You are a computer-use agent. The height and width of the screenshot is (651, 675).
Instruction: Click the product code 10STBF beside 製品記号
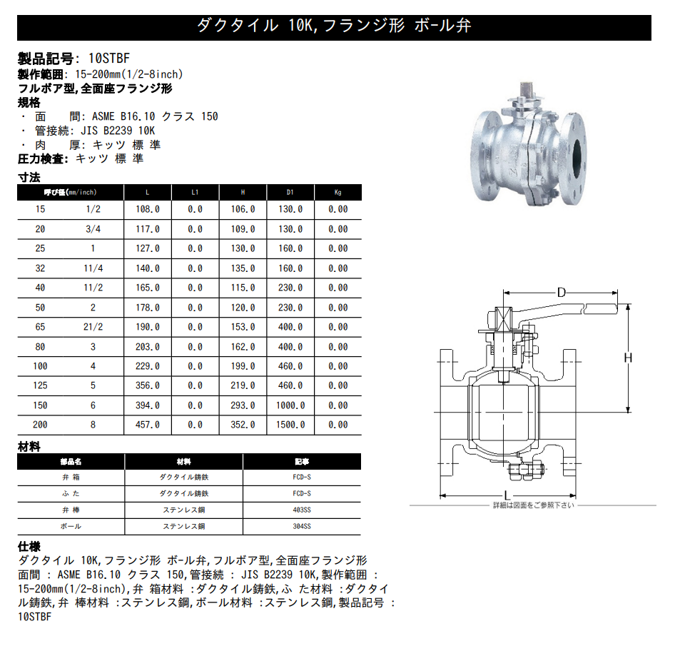coord(109,59)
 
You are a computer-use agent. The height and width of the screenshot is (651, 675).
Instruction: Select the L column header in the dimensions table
coord(147,193)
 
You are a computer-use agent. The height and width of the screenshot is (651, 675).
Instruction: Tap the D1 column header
coord(290,193)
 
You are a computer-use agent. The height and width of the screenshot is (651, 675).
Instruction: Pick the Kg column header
coord(338,193)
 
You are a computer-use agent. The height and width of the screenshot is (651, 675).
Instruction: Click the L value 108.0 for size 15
coord(148,209)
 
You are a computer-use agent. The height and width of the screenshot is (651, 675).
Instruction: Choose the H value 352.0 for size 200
coord(243,425)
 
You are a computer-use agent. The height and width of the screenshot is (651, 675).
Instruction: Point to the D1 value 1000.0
coord(290,405)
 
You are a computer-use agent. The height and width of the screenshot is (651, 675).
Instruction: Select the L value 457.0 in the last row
coord(148,425)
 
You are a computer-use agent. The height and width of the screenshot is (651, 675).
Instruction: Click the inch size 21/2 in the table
coord(93,327)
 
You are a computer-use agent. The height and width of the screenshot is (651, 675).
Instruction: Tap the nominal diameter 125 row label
coord(40,385)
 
